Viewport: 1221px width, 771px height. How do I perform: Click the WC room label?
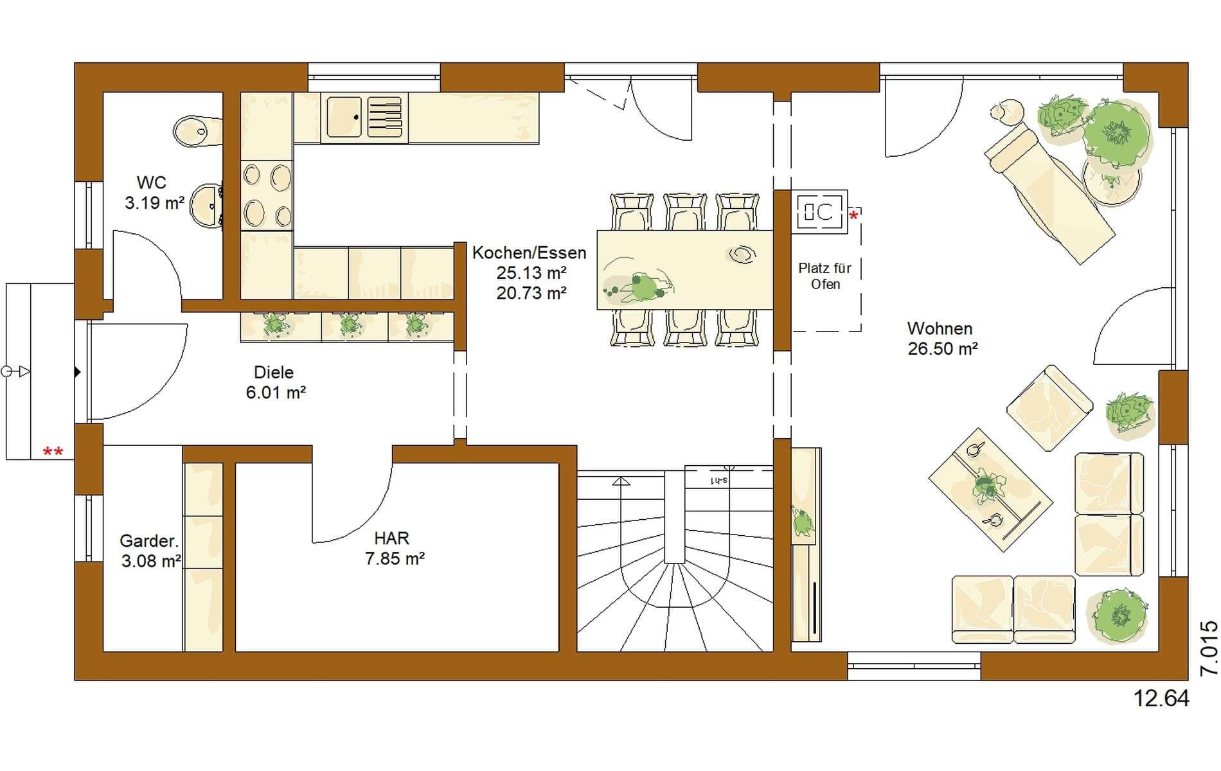coord(151,183)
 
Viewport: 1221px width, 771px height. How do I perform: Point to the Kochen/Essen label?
coord(529,253)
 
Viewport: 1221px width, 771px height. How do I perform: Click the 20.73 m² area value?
coord(531,293)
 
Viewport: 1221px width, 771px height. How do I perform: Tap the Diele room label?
coord(274,373)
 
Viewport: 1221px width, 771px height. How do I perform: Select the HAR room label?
coord(391,538)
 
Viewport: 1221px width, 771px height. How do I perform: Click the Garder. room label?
coord(149,541)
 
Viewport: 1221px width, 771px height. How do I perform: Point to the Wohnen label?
coord(940,329)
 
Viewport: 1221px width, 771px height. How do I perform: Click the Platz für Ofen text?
coord(825,276)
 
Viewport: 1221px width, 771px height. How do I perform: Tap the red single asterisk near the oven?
coord(853,216)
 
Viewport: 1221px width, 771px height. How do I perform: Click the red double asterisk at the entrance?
coord(53,452)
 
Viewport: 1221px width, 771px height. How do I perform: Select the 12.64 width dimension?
coord(1161,698)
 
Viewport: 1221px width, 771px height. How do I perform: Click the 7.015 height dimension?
coord(1209,648)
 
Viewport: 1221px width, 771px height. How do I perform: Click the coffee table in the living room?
coord(990,490)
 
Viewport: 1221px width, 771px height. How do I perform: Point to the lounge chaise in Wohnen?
coord(1049,193)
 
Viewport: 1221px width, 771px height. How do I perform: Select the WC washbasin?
coord(206,206)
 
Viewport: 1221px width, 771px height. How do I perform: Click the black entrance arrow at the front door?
coord(78,372)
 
